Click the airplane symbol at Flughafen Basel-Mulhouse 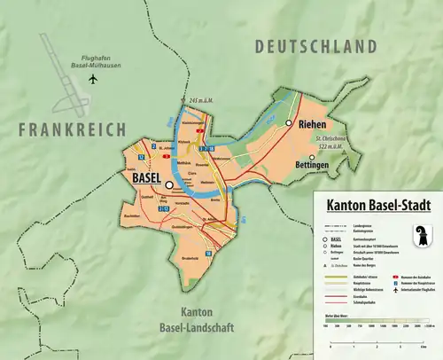[x=93, y=79]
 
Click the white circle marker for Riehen [x=289, y=124]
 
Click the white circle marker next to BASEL [x=168, y=185]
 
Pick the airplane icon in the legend [x=395, y=290]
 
